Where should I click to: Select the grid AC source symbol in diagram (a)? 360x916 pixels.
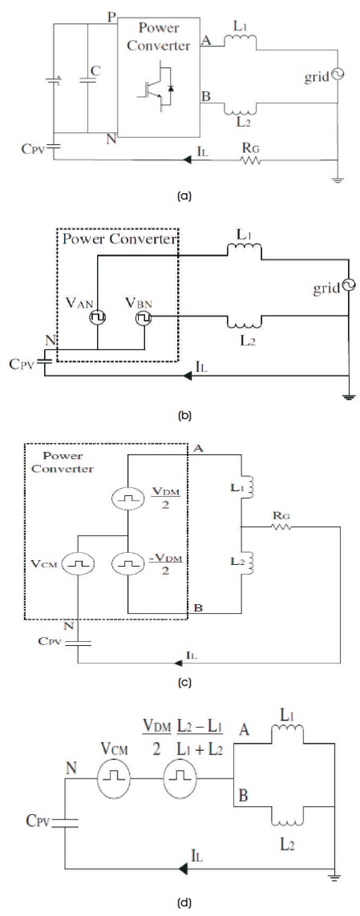(x=338, y=75)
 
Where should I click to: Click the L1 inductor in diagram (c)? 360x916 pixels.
(x=245, y=485)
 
